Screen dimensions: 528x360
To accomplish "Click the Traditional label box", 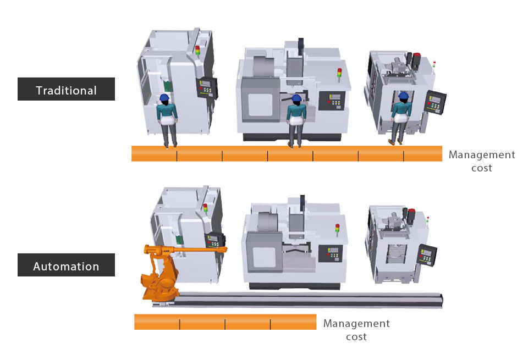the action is coord(66,89).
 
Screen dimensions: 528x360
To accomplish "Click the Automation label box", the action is coord(66,265).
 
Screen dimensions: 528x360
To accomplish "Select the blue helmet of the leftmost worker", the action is coord(164,98).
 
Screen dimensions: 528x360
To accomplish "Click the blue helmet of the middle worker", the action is coord(296,98).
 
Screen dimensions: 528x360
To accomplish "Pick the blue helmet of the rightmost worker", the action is coord(403,96).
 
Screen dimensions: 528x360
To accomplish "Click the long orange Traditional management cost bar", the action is coord(287,154).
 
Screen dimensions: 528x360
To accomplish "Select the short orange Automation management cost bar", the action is coord(226,322).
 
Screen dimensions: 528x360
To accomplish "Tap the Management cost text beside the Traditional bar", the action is coord(482,161).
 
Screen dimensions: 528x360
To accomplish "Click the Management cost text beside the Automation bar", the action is coord(356,330).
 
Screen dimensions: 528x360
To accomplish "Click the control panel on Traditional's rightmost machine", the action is coord(435,102).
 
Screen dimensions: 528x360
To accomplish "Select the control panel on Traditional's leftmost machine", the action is coord(207,88).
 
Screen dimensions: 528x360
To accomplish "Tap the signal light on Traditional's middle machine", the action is coord(339,75).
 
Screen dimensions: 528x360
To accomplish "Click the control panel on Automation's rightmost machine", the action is coord(427,255).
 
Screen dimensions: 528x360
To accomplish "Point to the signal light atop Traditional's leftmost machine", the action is coord(197,51).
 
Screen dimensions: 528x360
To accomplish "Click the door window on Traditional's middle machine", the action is coord(260,106).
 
